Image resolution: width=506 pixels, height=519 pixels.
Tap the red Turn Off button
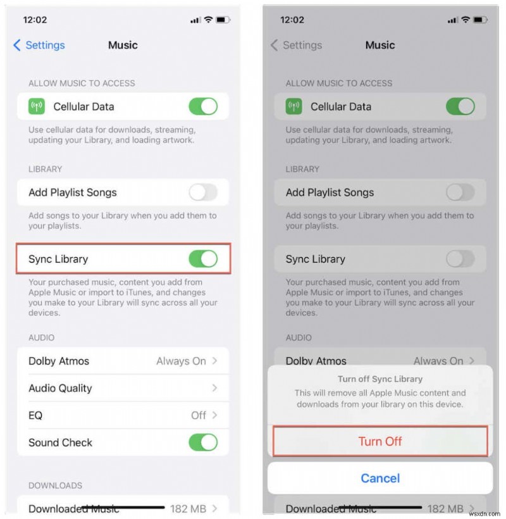(380, 441)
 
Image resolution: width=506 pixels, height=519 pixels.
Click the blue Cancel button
(380, 478)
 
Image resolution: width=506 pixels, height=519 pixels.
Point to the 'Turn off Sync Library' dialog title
(380, 379)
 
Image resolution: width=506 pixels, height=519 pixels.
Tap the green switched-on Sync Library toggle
(203, 259)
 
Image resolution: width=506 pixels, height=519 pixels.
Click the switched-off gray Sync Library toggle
(460, 259)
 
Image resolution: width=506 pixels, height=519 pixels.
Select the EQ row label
(35, 415)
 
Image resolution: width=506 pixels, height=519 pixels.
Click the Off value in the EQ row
(199, 415)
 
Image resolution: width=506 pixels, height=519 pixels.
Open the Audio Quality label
(60, 388)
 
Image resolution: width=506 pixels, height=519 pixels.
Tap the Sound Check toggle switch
(203, 442)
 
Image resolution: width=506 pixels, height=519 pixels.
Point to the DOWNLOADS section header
(55, 485)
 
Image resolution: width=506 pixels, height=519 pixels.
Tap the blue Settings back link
(39, 45)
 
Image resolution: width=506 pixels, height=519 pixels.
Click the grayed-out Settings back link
(296, 45)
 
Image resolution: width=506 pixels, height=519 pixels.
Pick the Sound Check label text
(60, 442)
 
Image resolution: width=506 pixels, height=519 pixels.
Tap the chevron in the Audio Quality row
(215, 388)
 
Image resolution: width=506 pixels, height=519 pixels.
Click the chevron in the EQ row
(215, 415)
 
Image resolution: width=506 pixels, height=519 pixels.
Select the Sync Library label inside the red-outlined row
(58, 259)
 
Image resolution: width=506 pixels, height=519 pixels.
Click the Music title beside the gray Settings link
(380, 45)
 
